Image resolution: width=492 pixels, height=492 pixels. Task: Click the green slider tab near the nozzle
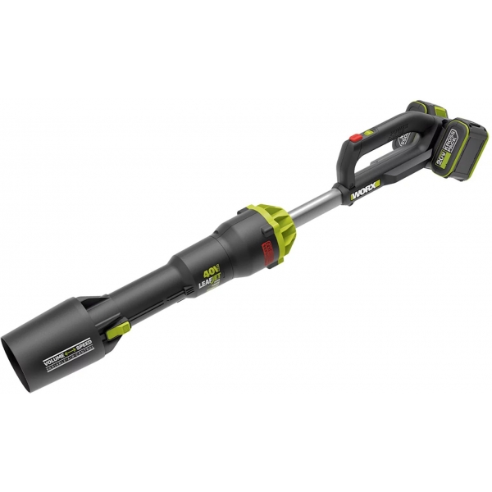point(118,329)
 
